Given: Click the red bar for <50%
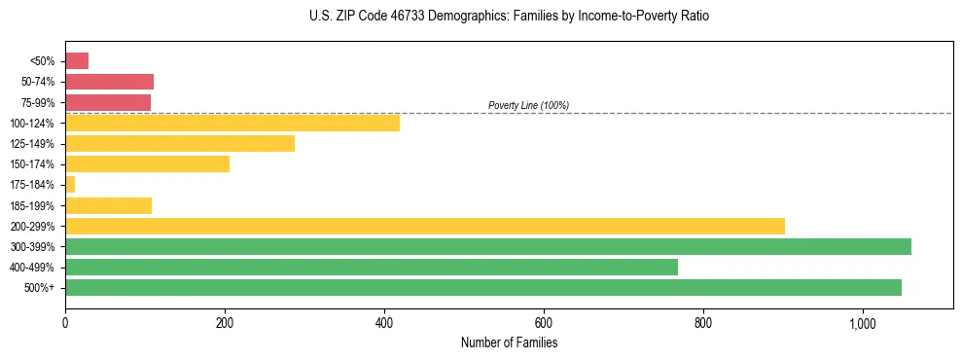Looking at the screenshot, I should click(x=77, y=61).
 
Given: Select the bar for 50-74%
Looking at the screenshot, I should click(x=109, y=82).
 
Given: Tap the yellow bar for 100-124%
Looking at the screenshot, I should click(x=232, y=123).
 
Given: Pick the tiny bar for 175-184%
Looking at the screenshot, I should click(x=70, y=184).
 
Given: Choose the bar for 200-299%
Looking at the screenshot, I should click(x=424, y=226).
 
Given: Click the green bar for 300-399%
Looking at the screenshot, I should click(x=487, y=246).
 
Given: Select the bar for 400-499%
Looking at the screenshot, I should click(x=371, y=267).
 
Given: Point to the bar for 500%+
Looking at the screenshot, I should click(x=482, y=287).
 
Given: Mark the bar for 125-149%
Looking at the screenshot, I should click(x=180, y=143).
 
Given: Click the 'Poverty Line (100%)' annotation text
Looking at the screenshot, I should click(x=528, y=105).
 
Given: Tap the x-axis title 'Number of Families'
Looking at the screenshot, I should click(x=509, y=343).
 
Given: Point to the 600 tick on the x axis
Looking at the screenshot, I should click(x=544, y=323).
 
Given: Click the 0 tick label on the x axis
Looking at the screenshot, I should click(x=65, y=323).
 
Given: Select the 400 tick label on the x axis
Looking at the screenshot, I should click(x=384, y=323).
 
